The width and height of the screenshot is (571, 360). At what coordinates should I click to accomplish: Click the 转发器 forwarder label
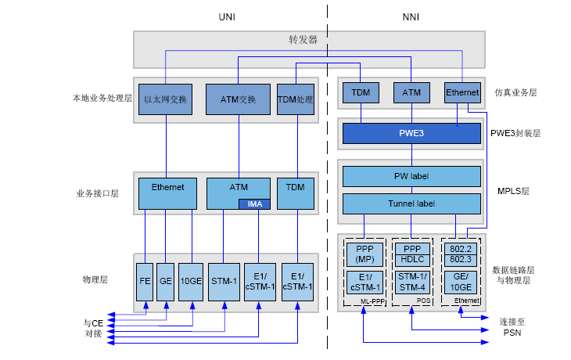coord(303,40)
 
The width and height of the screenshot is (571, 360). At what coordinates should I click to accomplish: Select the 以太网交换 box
coord(166,99)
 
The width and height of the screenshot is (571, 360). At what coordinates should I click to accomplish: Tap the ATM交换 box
coord(238,99)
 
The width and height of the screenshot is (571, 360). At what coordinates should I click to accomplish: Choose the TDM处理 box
coord(295,99)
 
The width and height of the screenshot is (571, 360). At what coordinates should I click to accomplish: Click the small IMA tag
coord(254,204)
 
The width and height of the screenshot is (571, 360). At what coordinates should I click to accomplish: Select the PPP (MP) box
coord(365,254)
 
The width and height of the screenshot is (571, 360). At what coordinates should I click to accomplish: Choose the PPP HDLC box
coord(411,254)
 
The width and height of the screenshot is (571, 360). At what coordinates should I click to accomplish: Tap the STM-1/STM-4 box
coord(411,281)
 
